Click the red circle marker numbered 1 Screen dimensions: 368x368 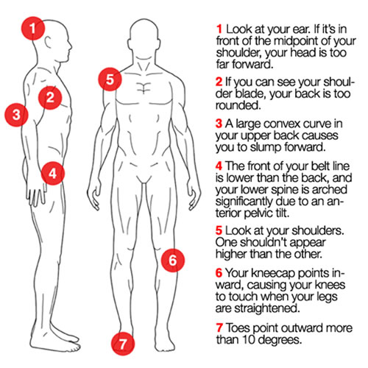coord(33,28)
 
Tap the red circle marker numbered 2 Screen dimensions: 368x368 coord(50,98)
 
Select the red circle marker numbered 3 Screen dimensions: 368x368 coord(17,115)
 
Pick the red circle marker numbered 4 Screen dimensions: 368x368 coord(53,174)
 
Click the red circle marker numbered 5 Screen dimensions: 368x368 coord(110,79)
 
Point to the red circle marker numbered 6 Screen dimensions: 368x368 coord(173,260)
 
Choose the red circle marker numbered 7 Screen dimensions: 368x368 coord(123,344)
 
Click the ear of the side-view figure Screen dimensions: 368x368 coord(48,42)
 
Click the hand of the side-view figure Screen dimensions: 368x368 coord(37,196)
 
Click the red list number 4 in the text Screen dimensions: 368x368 coord(219,166)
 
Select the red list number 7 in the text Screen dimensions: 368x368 coord(219,328)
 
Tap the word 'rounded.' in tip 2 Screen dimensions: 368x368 coord(238,105)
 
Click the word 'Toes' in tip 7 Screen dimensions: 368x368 coord(238,328)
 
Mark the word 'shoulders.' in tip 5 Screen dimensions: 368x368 coord(318,230)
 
